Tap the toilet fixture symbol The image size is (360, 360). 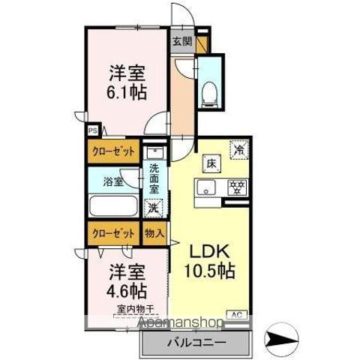coord(209,91)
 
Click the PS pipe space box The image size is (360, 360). coord(93,130)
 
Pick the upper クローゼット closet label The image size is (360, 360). coord(114,151)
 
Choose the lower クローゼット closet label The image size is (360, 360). coord(114,232)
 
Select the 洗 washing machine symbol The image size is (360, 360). coord(154,207)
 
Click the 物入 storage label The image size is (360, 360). coord(154,232)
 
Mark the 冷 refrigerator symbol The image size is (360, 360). coord(239,149)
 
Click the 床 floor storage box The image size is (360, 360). coord(211,162)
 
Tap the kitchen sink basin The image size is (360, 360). coord(206,187)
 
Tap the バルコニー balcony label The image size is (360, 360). coord(193,343)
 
